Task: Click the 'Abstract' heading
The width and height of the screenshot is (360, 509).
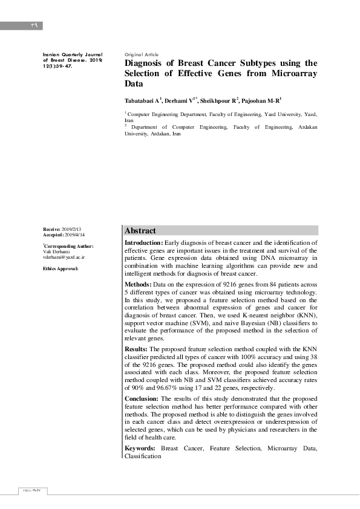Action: pos(140,230)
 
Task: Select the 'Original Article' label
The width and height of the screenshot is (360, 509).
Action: pos(142,54)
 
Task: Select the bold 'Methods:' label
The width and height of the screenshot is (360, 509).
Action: pos(138,284)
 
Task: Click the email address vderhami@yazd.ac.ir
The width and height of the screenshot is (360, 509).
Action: pos(64,257)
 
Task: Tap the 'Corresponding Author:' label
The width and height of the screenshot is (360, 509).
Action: pos(69,247)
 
